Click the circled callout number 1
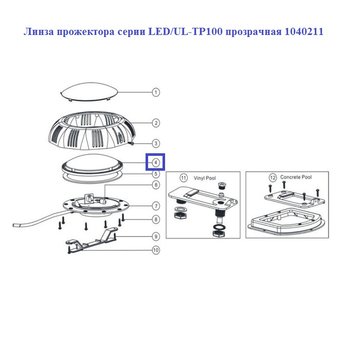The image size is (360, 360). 156,92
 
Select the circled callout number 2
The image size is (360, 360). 156,123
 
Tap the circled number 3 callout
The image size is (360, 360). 156,143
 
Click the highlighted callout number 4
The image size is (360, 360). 156,163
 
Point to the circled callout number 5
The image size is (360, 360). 156,174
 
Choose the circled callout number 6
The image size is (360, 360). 156,185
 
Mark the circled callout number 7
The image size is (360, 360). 156,206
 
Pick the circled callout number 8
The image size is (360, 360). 156,220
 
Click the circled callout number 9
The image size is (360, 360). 156,237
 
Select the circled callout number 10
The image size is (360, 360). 156,250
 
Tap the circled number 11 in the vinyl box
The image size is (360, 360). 184,178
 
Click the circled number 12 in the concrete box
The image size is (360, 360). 273,178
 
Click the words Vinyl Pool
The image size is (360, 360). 205,178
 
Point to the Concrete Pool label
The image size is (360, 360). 296,177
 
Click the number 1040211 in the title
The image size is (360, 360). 304,31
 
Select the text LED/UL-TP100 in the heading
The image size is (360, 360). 186,31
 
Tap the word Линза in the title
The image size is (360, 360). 39,32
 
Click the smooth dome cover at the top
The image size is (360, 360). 89,92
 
